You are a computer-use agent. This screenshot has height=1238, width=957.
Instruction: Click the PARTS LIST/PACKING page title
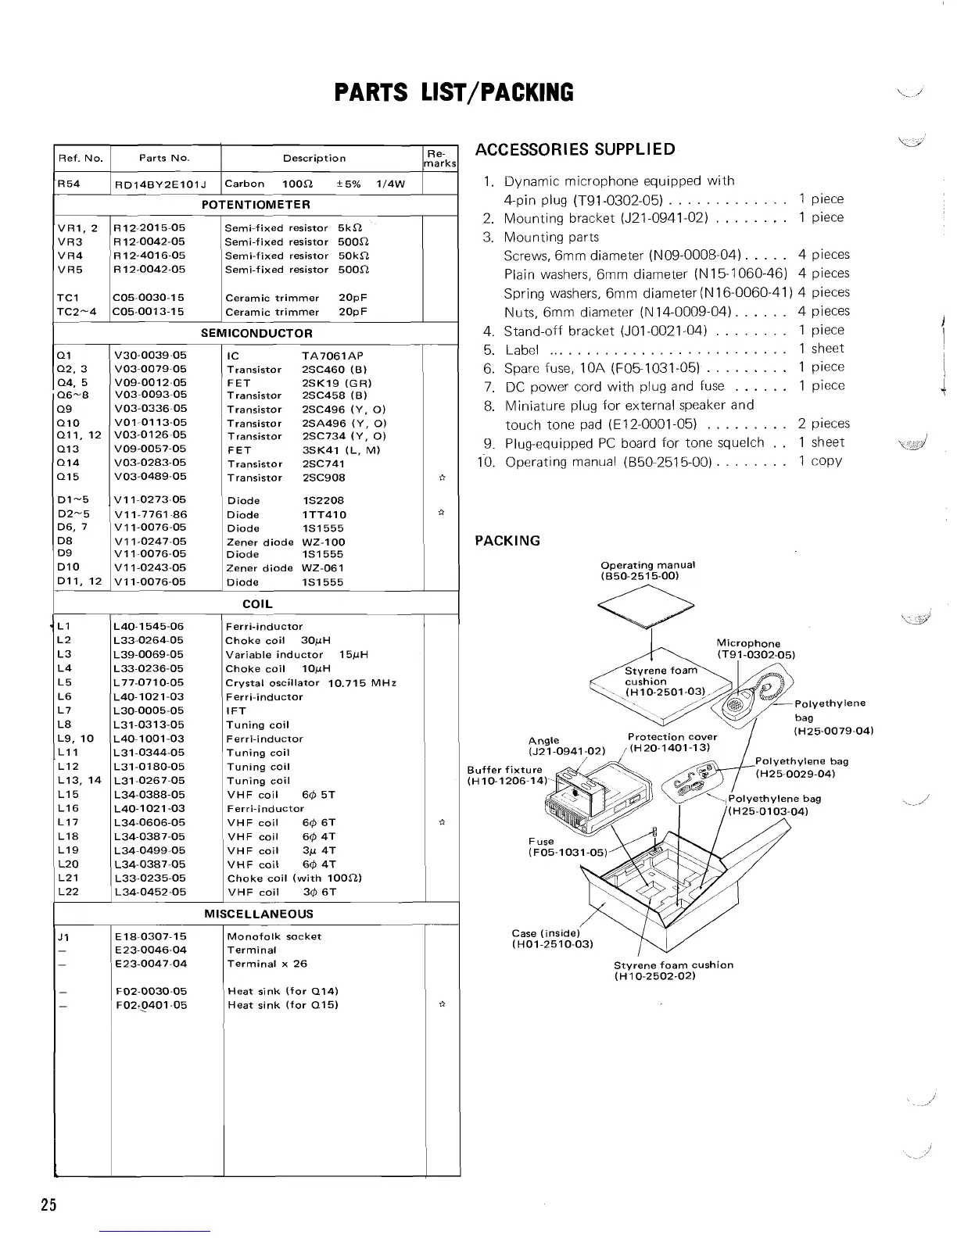pos(453,93)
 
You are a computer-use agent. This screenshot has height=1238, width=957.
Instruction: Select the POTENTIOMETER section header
pos(256,205)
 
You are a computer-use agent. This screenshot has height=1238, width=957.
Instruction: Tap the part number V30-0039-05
pos(150,356)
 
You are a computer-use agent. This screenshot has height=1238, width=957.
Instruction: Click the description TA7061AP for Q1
pos(332,356)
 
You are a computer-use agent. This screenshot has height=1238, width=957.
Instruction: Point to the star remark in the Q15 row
pos(443,477)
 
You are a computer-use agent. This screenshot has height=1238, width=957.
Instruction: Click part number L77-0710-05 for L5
pos(149,682)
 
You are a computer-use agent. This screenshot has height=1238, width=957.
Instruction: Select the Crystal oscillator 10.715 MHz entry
pos(310,683)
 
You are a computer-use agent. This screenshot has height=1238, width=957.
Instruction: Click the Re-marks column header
pos(440,159)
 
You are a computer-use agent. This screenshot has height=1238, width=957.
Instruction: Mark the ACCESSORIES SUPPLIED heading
pos(575,149)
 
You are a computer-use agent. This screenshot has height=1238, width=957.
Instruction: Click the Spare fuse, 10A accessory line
pos(602,367)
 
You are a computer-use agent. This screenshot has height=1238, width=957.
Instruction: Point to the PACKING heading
pos(507,541)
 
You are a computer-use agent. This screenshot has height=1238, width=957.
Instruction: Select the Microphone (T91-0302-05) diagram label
pos(755,649)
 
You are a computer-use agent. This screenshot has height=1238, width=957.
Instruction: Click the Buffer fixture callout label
pos(505,775)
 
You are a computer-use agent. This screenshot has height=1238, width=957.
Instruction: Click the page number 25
pos(48,1204)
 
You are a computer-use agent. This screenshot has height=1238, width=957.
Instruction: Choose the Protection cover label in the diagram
pos(672,742)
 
